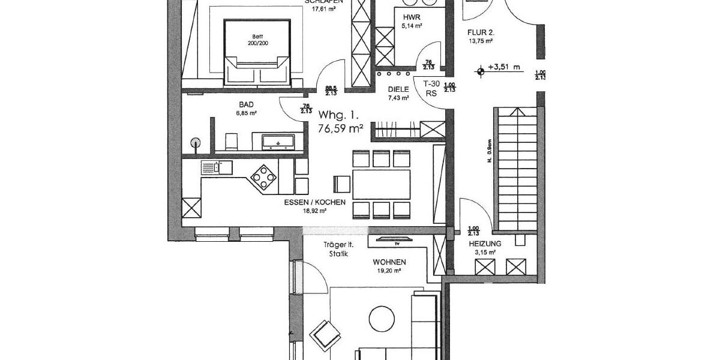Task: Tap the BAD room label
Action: pos(247,104)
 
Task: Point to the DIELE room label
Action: pos(398,89)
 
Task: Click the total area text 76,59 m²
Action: pos(341,128)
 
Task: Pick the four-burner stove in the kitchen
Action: pos(263,178)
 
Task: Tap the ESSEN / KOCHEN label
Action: pos(314,203)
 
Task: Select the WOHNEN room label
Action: pos(389,262)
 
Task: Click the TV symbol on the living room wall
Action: pos(395,240)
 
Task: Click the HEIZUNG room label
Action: pos(485,244)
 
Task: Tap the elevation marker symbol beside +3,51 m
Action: pos(480,71)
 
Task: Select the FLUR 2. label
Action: pos(481,32)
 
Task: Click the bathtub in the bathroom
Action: pos(278,142)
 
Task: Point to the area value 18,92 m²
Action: pos(314,211)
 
